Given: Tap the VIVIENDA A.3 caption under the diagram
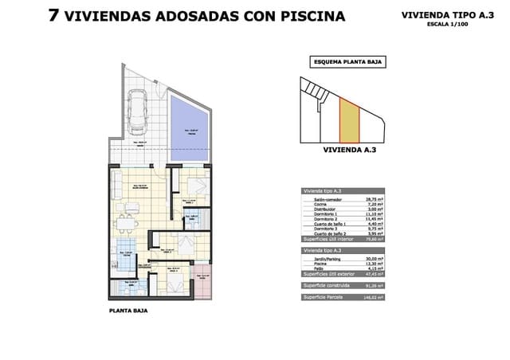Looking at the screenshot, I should (x=347, y=149).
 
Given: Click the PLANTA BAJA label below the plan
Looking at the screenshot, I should (x=128, y=311).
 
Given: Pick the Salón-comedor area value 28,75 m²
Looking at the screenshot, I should (x=375, y=199).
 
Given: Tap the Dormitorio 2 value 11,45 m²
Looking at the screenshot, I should (x=375, y=220).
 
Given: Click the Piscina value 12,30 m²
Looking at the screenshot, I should (x=375, y=264).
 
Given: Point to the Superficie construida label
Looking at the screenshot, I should (x=327, y=286).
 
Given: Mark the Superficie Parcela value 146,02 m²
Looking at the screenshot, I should (x=374, y=297).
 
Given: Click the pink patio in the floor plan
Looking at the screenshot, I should (x=202, y=283).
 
